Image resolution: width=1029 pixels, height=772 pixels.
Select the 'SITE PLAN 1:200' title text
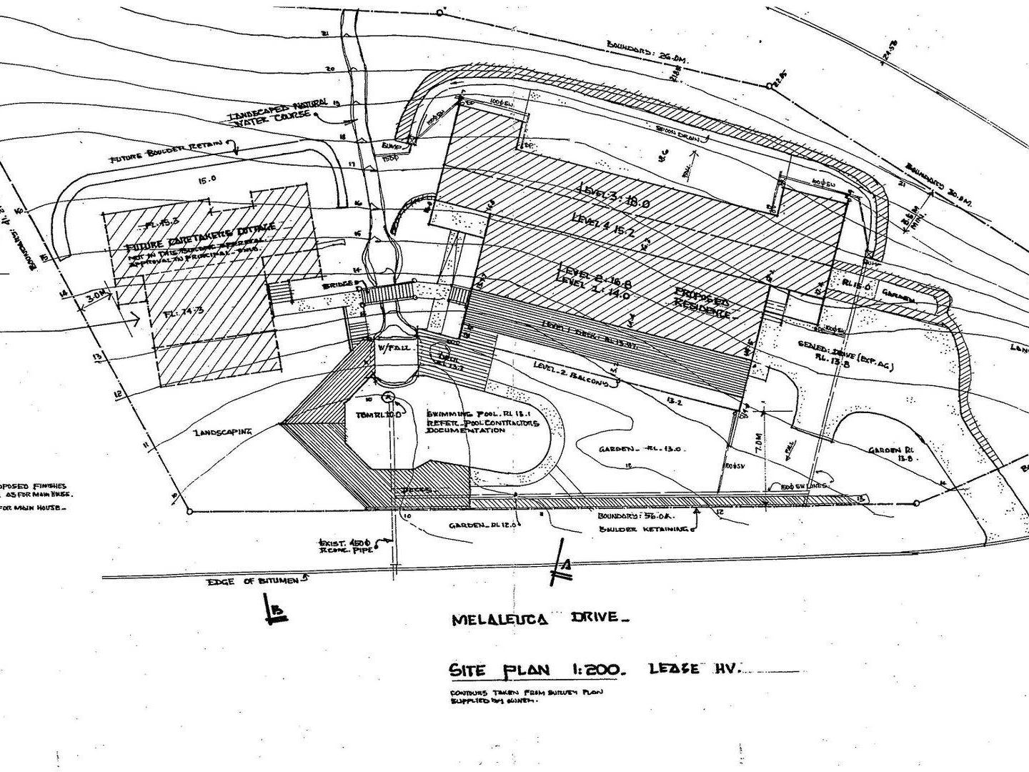pyautogui.click(x=537, y=670)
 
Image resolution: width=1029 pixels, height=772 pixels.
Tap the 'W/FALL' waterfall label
pyautogui.click(x=389, y=348)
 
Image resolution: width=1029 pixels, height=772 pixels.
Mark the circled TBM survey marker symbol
pyautogui.click(x=388, y=397)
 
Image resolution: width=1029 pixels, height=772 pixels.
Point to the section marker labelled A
pyautogui.click(x=564, y=565)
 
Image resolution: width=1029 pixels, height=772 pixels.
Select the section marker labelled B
pyautogui.click(x=277, y=612)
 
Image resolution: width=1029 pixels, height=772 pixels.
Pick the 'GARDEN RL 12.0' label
pyautogui.click(x=482, y=525)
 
